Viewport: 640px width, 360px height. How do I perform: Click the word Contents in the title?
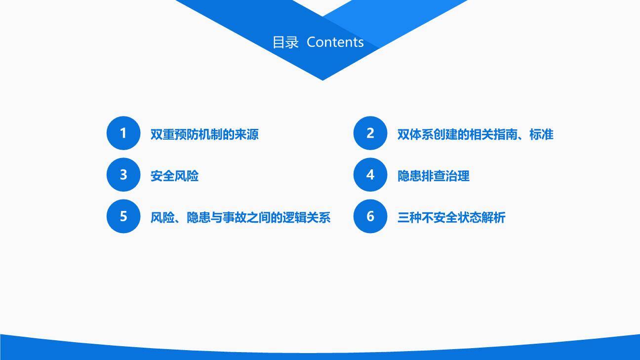pyautogui.click(x=335, y=42)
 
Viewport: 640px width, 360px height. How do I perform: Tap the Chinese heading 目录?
pyautogui.click(x=285, y=42)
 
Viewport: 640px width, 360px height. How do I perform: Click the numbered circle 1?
pyautogui.click(x=123, y=133)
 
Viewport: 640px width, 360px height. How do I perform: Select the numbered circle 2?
pyautogui.click(x=370, y=133)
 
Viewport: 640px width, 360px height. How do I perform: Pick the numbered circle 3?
pyautogui.click(x=123, y=175)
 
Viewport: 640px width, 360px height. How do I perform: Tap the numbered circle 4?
pyautogui.click(x=370, y=175)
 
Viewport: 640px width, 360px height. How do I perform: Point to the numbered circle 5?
pyautogui.click(x=123, y=216)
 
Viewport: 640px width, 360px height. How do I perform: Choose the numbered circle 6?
pyautogui.click(x=370, y=216)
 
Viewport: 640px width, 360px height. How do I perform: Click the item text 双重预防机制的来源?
pyautogui.click(x=204, y=134)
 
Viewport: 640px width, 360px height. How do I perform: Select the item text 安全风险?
pyautogui.click(x=174, y=176)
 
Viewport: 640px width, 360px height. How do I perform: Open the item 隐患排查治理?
pyautogui.click(x=433, y=176)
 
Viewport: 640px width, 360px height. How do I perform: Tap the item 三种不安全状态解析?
pyautogui.click(x=451, y=217)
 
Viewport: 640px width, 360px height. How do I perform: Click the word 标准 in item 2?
pyautogui.click(x=541, y=134)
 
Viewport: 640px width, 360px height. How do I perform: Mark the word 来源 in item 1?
pyautogui.click(x=246, y=134)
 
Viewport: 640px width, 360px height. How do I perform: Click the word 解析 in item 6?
pyautogui.click(x=493, y=217)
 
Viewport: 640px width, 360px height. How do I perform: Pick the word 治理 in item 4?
pyautogui.click(x=457, y=176)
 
